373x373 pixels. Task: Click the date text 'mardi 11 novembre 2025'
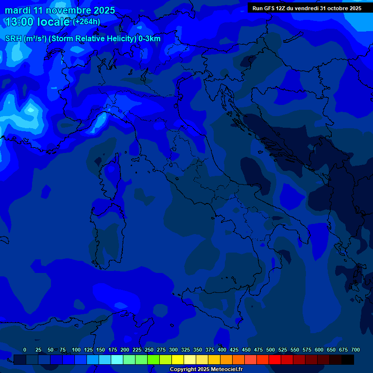coord(60,10)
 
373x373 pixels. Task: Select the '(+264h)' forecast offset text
coord(86,21)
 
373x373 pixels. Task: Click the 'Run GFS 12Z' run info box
coord(306,8)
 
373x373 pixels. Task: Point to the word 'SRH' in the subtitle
coord(13,39)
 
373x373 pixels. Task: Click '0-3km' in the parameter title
coord(149,39)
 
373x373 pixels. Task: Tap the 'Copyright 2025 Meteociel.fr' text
coord(206,370)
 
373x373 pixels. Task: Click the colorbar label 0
coord(25,350)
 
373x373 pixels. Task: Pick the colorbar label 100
coord(76,350)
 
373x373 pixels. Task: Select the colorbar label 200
coord(125,350)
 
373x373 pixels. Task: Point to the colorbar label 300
coord(173,350)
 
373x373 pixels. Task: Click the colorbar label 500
coord(271,350)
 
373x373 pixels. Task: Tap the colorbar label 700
coord(355,350)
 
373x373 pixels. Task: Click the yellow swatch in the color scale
coord(178,360)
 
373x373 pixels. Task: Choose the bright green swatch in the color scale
coord(153,360)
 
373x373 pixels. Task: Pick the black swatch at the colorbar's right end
coord(348,360)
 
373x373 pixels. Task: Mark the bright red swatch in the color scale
coord(275,360)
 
